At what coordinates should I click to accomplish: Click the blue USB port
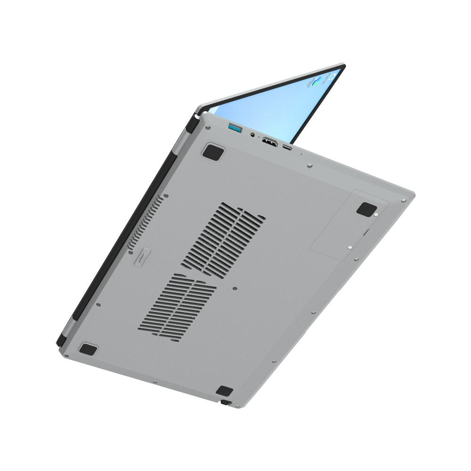pos(235,127)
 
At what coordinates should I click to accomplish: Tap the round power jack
pos(253,135)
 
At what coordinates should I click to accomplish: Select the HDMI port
pos(269,141)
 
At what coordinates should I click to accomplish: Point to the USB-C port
pos(287,147)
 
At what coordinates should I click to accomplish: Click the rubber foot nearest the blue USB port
pos(213,152)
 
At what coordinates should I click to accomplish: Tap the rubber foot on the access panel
pos(366,209)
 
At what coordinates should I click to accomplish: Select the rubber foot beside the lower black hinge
pos(88,349)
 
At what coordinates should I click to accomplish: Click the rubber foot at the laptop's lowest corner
pos(224,391)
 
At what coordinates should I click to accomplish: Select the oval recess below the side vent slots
pos(142,257)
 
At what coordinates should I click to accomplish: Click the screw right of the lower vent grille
pos(235,288)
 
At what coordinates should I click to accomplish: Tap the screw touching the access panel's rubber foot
pos(376,216)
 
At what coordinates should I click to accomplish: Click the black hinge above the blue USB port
pos(192,124)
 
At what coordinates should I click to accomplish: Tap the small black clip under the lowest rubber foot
pos(226,403)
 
